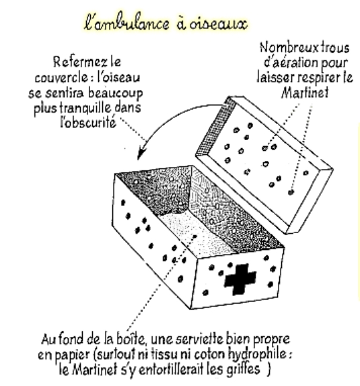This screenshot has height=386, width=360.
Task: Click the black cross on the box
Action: pos(240,279)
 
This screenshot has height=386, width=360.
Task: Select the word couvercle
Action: pos(61,77)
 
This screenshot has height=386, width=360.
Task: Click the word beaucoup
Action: pos(115,93)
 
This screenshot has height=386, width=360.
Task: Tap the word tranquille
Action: pos(83,108)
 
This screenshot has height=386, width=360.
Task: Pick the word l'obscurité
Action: pos(88,122)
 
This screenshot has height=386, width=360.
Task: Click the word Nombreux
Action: pos(285,47)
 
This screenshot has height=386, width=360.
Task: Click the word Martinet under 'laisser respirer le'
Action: pos(305,92)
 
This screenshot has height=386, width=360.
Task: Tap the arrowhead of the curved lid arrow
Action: pos(142,151)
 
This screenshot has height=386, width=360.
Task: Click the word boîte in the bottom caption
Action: pos(132,340)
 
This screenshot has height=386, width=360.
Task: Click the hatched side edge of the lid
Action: pos(216,126)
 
